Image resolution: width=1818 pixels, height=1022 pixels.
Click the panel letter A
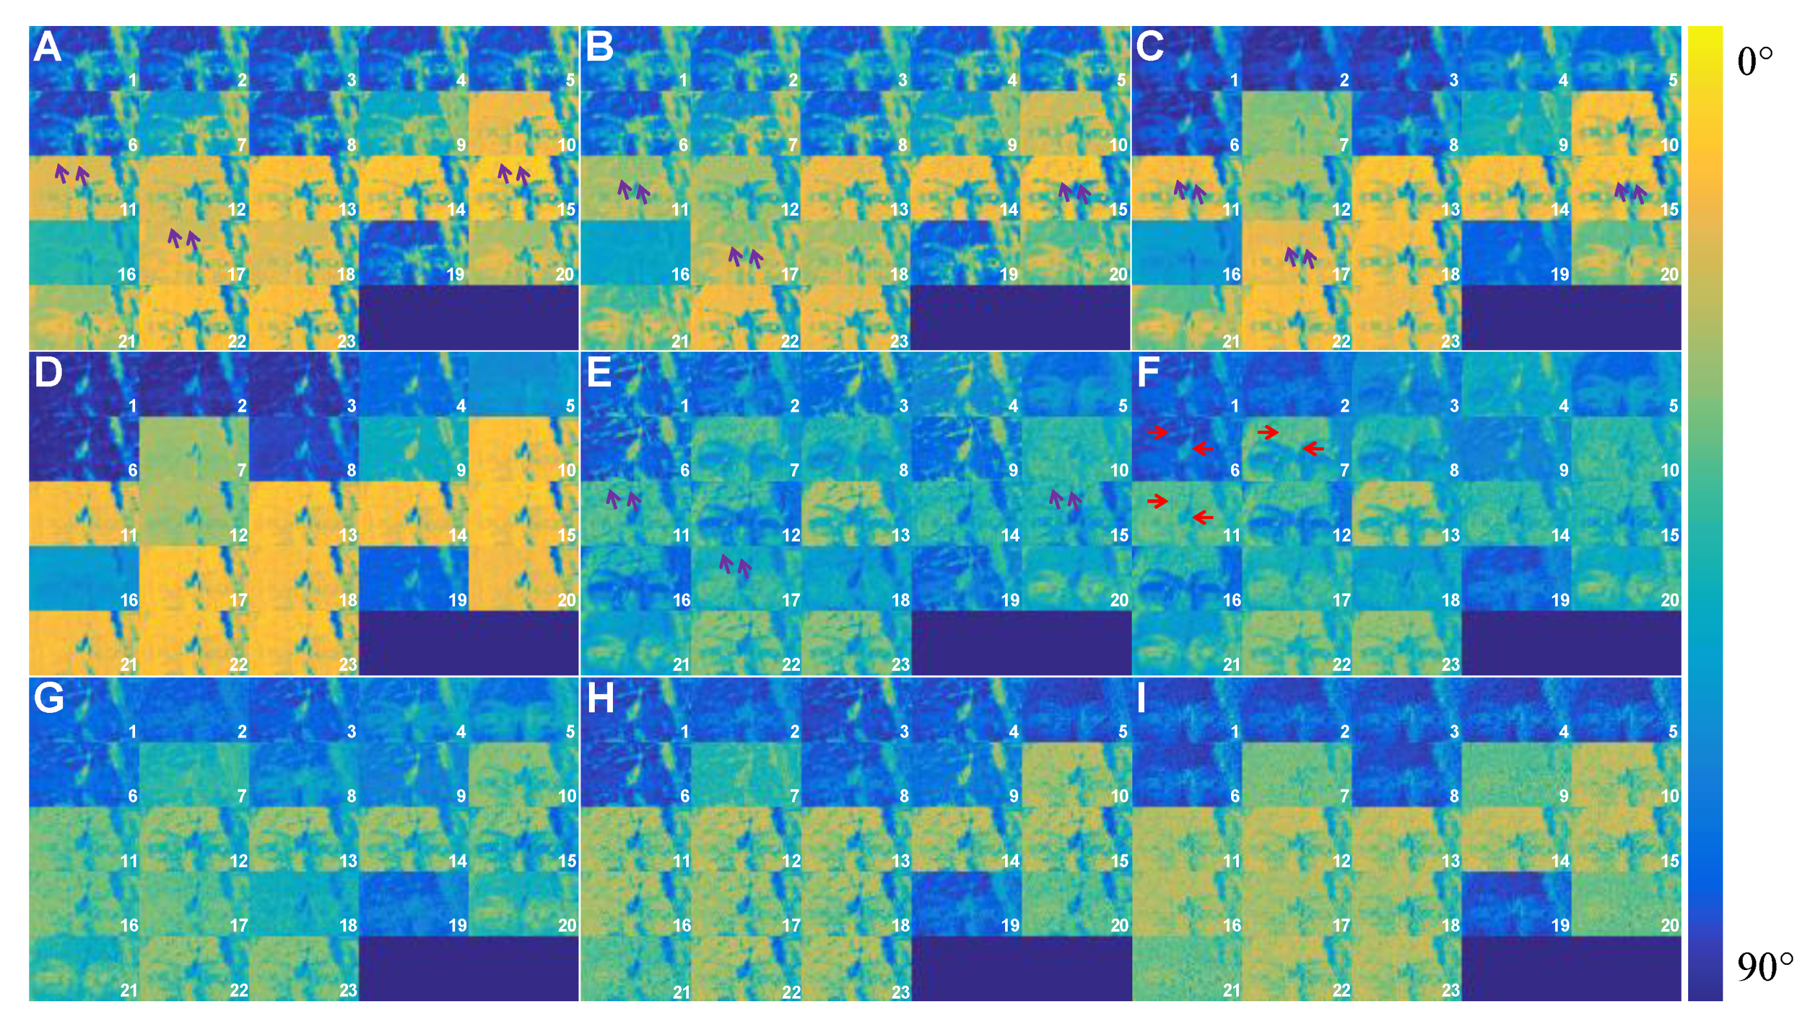[47, 47]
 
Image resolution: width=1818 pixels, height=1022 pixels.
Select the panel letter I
[1141, 698]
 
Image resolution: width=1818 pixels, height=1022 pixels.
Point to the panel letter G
[49, 698]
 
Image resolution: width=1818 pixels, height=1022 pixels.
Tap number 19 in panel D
[458, 600]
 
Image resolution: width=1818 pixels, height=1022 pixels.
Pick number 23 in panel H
[900, 991]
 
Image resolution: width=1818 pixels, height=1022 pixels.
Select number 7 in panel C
[1344, 145]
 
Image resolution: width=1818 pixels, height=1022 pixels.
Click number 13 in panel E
[901, 535]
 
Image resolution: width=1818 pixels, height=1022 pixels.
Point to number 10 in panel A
[567, 145]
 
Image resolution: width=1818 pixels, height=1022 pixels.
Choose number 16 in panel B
[680, 274]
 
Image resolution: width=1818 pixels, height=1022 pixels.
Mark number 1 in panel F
[1234, 406]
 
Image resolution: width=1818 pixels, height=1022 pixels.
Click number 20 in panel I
[1670, 925]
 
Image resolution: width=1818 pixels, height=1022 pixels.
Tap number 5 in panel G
[569, 731]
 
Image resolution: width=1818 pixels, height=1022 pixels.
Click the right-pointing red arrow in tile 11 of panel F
[1158, 501]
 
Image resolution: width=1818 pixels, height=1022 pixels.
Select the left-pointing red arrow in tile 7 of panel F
[1313, 448]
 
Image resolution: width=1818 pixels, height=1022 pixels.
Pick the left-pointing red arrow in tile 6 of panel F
[1202, 448]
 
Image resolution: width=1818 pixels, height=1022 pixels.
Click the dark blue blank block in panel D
[469, 643]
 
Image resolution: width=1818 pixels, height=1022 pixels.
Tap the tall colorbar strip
[1705, 513]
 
